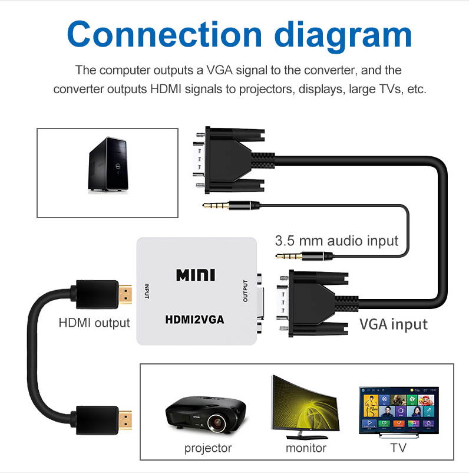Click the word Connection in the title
(x=154, y=34)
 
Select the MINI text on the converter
(x=196, y=275)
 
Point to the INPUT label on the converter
(x=147, y=291)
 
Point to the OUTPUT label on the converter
(x=246, y=291)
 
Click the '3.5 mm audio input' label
(x=336, y=241)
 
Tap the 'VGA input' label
(x=393, y=324)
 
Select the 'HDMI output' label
(x=94, y=323)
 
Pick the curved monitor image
(x=305, y=407)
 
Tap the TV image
(x=399, y=410)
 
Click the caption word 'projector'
(x=208, y=448)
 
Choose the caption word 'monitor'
(x=306, y=448)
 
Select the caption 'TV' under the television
(x=398, y=448)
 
